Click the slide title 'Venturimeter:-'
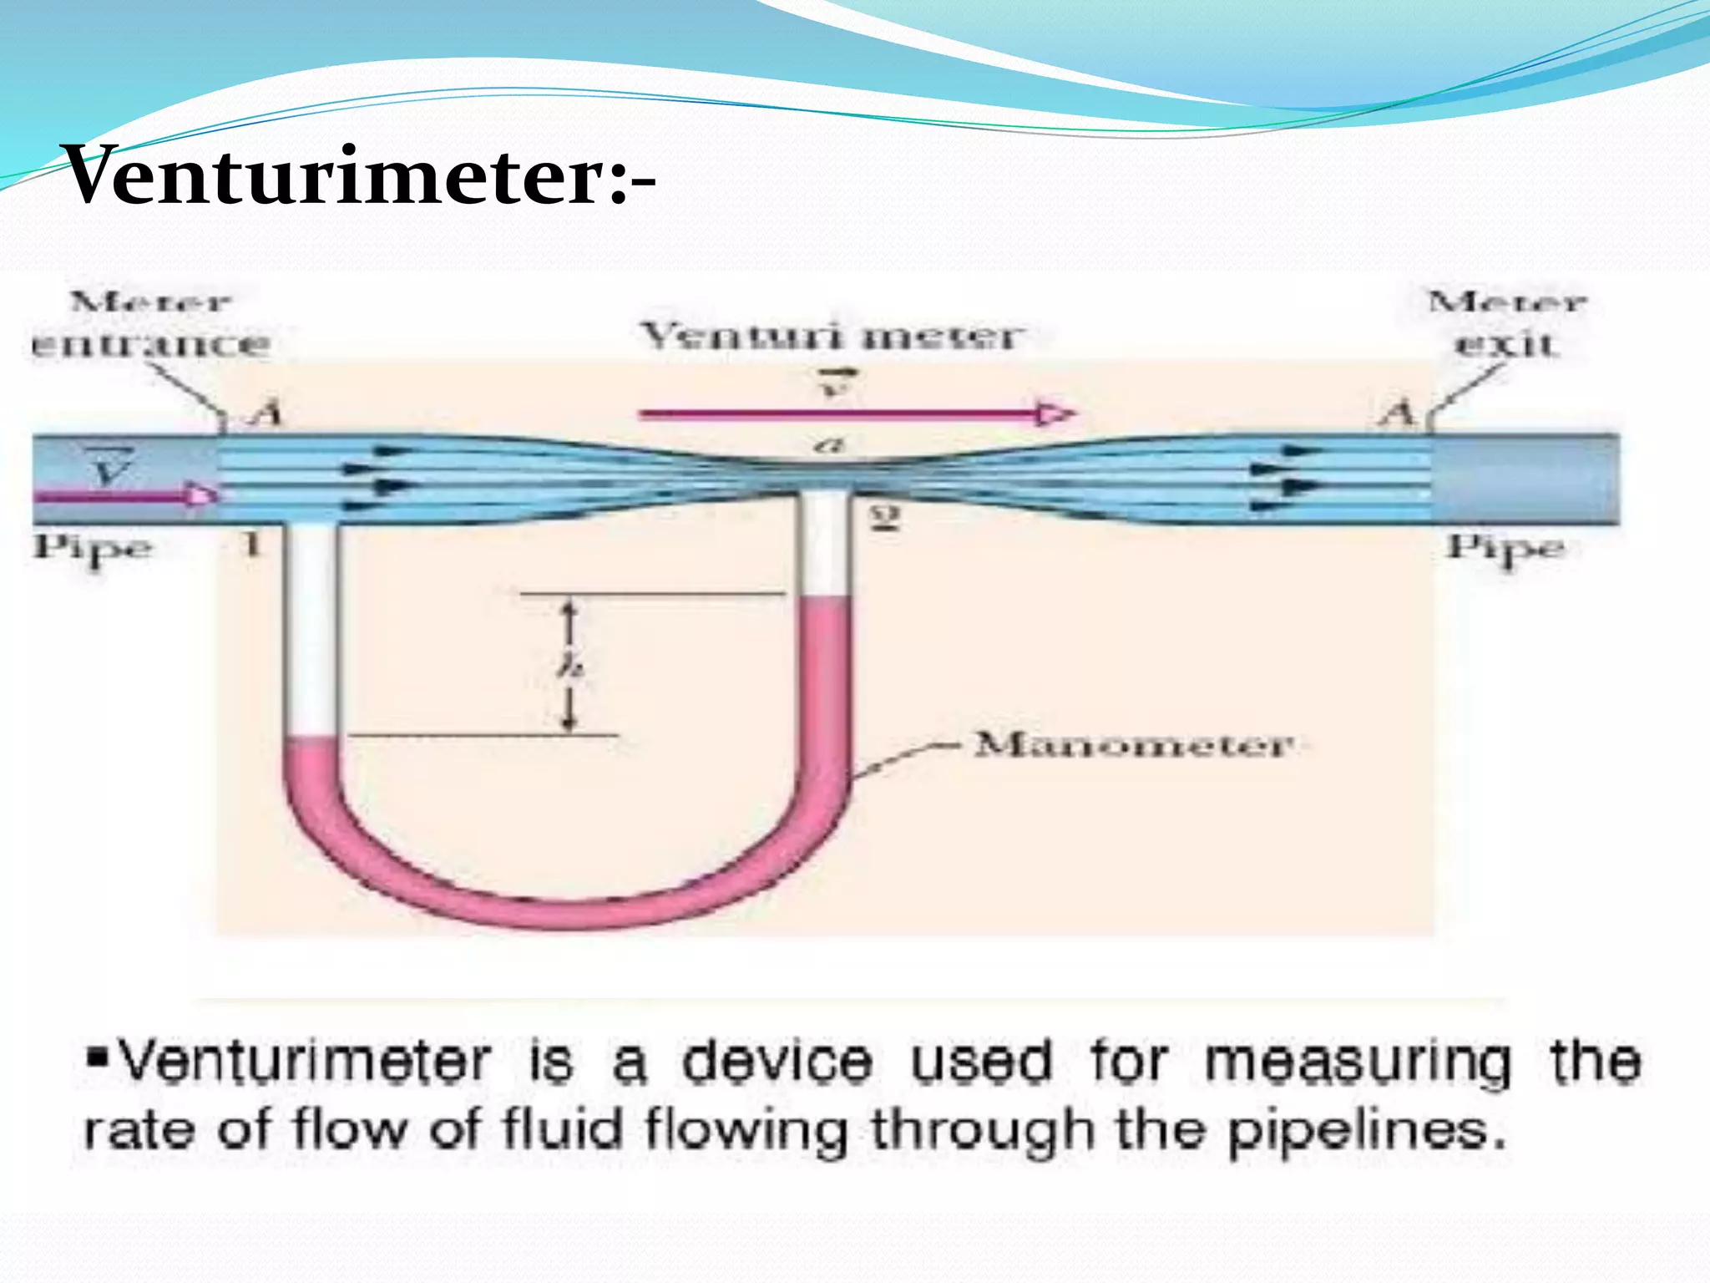[359, 175]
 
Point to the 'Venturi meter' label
[831, 337]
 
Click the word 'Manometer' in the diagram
[1134, 744]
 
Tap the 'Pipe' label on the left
[93, 549]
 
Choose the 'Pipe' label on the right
[1505, 549]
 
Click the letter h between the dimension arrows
[570, 666]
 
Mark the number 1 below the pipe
[251, 545]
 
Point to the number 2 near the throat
[885, 519]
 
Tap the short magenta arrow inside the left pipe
[125, 496]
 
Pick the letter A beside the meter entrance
[266, 413]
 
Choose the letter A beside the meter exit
[1398, 413]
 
